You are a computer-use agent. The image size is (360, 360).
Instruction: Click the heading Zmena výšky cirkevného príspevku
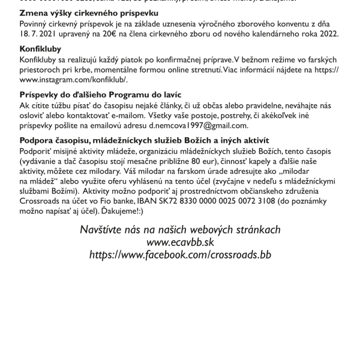(x=89, y=13)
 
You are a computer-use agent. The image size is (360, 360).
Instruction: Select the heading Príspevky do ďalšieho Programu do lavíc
(x=100, y=95)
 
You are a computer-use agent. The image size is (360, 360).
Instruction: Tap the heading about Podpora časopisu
(x=136, y=141)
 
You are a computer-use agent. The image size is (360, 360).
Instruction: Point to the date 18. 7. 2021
(x=39, y=34)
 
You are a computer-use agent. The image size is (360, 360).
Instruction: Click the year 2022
(x=329, y=34)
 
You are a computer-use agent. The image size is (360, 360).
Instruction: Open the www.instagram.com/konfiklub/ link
(x=73, y=79)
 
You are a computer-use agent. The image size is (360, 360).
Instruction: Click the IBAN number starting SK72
(x=221, y=201)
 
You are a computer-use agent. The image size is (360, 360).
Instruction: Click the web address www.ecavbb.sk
(x=180, y=242)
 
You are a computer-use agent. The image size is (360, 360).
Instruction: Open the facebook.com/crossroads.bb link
(x=180, y=255)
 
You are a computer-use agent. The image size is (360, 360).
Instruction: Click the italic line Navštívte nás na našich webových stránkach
(x=180, y=230)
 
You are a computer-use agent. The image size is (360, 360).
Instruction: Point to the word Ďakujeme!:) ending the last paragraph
(x=122, y=211)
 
